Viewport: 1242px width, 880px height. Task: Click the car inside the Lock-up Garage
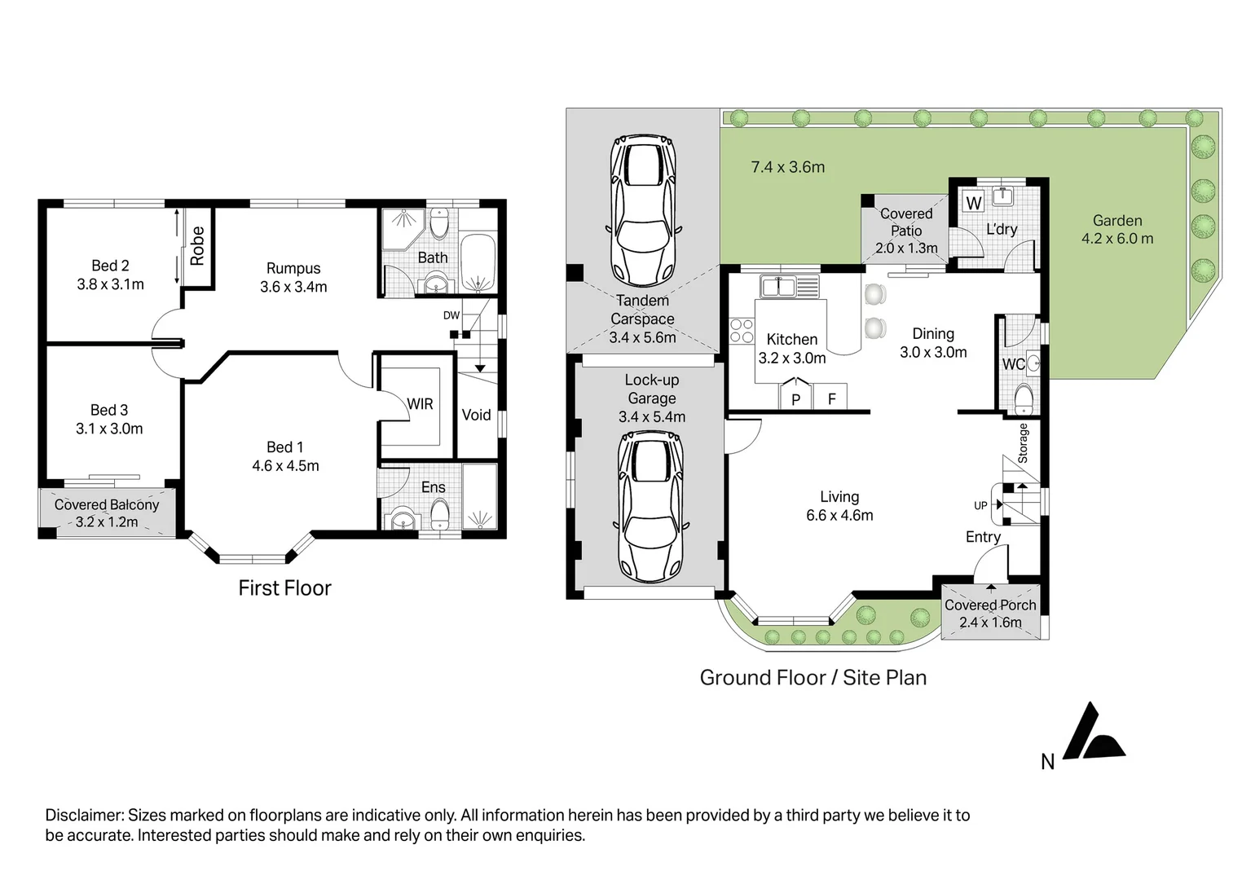point(650,505)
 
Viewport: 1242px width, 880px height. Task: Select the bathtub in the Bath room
point(478,263)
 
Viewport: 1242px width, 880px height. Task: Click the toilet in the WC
point(1024,399)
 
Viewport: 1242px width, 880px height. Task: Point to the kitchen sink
point(791,287)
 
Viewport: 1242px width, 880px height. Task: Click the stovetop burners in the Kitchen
point(742,331)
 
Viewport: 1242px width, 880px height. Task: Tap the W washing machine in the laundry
point(974,202)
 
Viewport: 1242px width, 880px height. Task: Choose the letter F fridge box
point(830,397)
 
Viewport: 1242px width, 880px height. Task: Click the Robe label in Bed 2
point(197,245)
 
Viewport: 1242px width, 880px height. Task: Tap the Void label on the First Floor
point(476,415)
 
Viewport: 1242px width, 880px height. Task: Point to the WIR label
point(420,403)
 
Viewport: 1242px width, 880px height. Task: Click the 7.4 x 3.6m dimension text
point(788,167)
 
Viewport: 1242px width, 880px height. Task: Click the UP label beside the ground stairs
point(980,506)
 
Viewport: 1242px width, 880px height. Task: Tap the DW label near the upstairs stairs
point(451,315)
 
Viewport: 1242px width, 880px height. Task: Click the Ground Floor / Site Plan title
point(813,678)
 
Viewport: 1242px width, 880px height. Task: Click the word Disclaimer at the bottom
point(84,815)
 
